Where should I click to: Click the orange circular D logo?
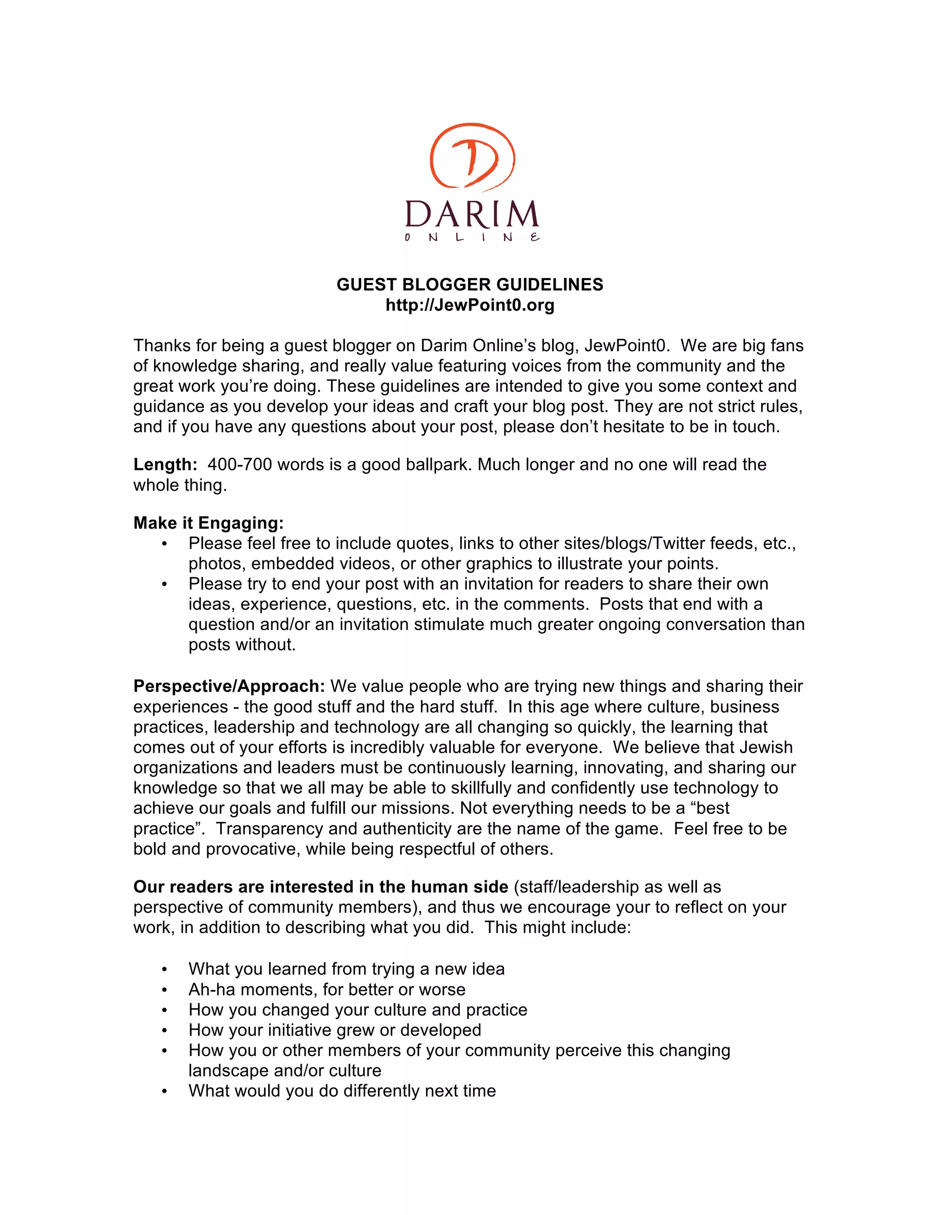coord(472,155)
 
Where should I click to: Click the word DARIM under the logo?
coord(472,215)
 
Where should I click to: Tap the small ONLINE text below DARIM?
coord(472,237)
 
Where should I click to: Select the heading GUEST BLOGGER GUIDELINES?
coord(469,285)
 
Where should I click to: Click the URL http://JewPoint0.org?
coord(469,305)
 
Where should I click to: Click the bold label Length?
coord(165,464)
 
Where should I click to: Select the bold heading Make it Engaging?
coord(209,523)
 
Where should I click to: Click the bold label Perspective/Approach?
coord(229,686)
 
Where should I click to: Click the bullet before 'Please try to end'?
coord(165,585)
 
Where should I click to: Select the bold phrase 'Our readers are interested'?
coord(320,887)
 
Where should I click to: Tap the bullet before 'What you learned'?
coord(165,970)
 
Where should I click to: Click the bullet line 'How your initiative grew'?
coord(334,1030)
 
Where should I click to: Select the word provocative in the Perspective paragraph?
coord(253,849)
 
